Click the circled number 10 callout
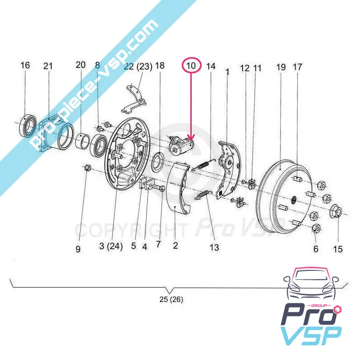pyautogui.click(x=191, y=66)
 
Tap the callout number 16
pyautogui.click(x=25, y=65)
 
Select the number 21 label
pyautogui.click(x=48, y=66)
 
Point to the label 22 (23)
pyautogui.click(x=138, y=67)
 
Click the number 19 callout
pyautogui.click(x=281, y=67)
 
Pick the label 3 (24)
pyautogui.click(x=111, y=246)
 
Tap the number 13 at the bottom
pyautogui.click(x=214, y=247)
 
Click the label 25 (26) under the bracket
pyautogui.click(x=171, y=299)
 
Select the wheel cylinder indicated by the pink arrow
pyautogui.click(x=181, y=144)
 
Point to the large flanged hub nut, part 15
pyautogui.click(x=336, y=211)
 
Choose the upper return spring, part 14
pyautogui.click(x=203, y=164)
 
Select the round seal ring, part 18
pyautogui.click(x=158, y=162)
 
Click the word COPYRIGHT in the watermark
pyautogui.click(x=130, y=229)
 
